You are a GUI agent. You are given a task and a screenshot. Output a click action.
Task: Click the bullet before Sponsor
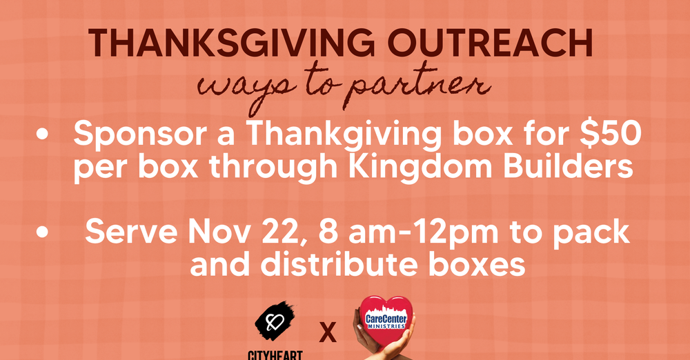coord(44,136)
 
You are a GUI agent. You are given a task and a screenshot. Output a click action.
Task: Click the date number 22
coord(288,232)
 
